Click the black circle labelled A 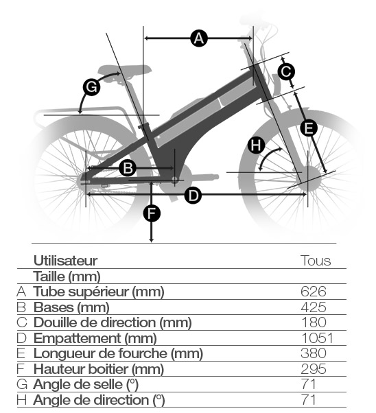(199, 38)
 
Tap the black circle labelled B (128, 168)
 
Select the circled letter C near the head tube (286, 71)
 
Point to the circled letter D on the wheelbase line (193, 196)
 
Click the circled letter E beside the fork (309, 128)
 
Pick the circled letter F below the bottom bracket (152, 213)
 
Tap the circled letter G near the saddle (91, 87)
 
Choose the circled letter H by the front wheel (257, 145)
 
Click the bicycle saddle (125, 71)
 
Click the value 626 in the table (314, 292)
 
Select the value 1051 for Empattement (317, 338)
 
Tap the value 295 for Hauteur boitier (314, 369)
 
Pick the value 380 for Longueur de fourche (314, 353)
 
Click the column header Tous (316, 261)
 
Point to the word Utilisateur (66, 261)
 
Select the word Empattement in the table (78, 338)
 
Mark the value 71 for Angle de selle (309, 384)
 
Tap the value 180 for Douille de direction (314, 322)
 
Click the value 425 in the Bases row (314, 307)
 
